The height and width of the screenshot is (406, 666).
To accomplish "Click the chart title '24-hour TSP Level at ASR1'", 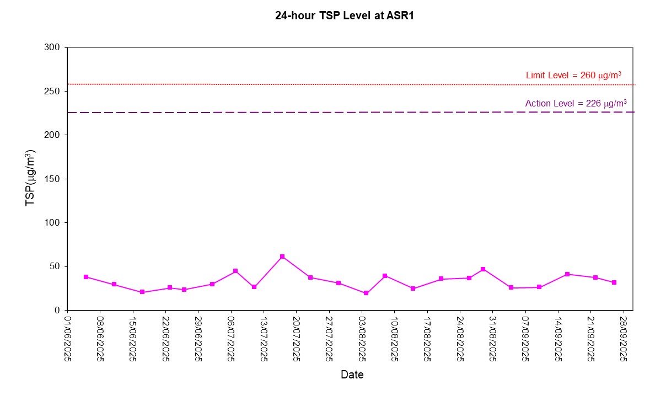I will (x=345, y=16).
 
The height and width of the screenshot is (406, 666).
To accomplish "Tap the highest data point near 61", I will (x=282, y=257).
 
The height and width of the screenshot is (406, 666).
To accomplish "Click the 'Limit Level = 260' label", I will (x=574, y=75).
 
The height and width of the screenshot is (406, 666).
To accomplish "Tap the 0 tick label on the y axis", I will (x=57, y=311).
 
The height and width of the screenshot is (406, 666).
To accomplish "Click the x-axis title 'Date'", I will (x=352, y=375).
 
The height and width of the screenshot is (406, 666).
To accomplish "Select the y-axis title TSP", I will (x=32, y=178).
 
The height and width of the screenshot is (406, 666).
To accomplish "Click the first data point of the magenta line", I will (x=86, y=277).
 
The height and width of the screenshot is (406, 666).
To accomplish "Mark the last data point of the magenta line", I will (x=614, y=282).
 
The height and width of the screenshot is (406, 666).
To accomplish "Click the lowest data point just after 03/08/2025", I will (x=366, y=293).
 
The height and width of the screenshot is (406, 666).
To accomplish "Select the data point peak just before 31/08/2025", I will (x=483, y=269).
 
